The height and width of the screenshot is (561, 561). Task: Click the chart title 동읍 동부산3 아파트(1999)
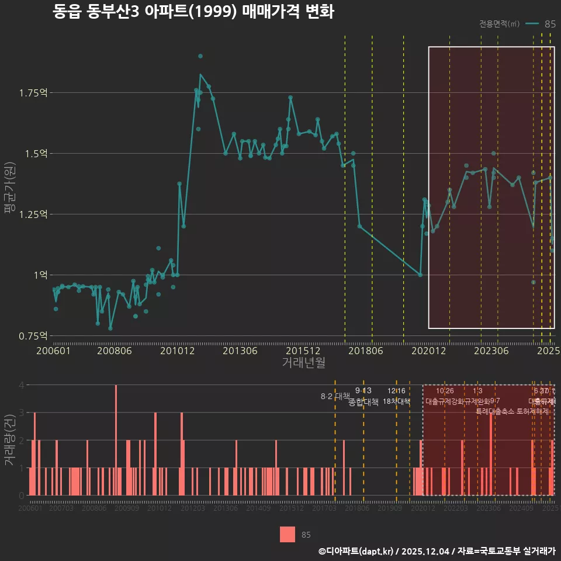193,12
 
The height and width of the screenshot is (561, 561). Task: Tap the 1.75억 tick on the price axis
33,93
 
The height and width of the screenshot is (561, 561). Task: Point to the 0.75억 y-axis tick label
33,336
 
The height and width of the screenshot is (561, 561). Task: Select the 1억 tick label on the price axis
39,275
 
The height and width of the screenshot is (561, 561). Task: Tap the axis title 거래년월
303,363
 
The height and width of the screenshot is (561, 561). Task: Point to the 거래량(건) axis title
10,439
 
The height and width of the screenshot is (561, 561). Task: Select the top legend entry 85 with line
541,24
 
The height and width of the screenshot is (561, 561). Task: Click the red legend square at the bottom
287,534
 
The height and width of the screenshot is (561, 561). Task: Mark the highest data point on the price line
200,56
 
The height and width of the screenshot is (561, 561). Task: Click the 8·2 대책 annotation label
334,396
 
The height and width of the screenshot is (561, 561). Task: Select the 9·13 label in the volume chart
363,391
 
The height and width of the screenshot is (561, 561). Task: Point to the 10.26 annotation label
445,391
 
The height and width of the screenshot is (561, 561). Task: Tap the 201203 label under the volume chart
192,509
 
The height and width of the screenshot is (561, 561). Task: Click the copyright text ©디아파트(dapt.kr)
355,551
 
